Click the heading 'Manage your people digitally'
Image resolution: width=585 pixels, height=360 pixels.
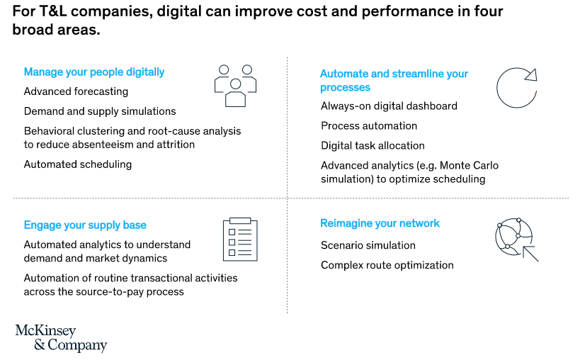coord(94,72)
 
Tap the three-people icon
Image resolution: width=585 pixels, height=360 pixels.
coord(235,85)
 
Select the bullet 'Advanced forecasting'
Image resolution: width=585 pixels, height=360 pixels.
coord(76,91)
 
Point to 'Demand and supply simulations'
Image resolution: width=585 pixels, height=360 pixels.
coord(100,111)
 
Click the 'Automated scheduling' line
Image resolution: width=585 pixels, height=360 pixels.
coord(78,164)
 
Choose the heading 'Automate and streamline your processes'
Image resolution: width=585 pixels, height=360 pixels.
coord(394,80)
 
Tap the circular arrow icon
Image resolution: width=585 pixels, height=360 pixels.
coord(516,89)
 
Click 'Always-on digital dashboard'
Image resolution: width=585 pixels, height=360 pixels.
coord(389,106)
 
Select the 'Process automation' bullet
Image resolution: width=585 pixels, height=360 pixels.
coord(369,126)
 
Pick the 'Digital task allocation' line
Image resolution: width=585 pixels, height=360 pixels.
coord(373,146)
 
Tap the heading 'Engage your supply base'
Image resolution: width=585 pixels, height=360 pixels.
coord(85,225)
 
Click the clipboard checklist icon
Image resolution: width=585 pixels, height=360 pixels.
coord(240,239)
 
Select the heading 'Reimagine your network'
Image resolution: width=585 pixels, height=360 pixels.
coord(380,223)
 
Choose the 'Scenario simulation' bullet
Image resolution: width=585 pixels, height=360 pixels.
coord(368,245)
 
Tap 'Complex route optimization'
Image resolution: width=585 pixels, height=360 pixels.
coord(387,265)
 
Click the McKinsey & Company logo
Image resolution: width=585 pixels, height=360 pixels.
coord(61,339)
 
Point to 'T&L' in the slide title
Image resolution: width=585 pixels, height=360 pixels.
coord(47,12)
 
